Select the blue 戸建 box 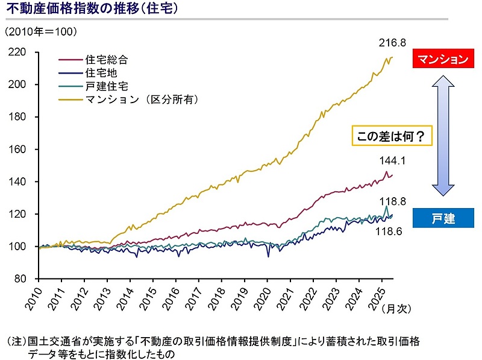pyautogui.click(x=443, y=218)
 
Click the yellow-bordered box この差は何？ pyautogui.click(x=393, y=136)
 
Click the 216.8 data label pyautogui.click(x=392, y=43)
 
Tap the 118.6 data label pyautogui.click(x=389, y=230)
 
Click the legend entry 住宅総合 pyautogui.click(x=107, y=60)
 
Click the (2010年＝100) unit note pyautogui.click(x=42, y=30)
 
